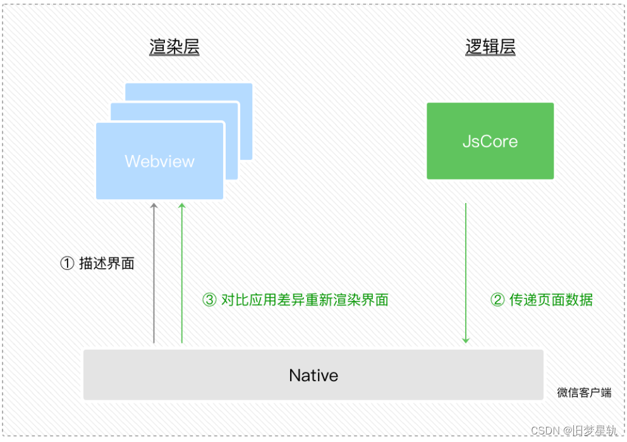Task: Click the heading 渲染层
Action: [x=174, y=47]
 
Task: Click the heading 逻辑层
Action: [x=490, y=47]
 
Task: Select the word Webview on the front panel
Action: [x=159, y=161]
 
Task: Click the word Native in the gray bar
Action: [x=313, y=376]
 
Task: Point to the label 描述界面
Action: [x=107, y=264]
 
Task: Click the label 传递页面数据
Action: [x=551, y=300]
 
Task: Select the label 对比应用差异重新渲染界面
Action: [x=305, y=300]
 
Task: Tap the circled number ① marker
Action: [x=67, y=264]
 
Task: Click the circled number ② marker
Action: [x=498, y=300]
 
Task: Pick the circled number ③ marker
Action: [x=209, y=300]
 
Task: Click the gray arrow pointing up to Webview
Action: [x=154, y=272]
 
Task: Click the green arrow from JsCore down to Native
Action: [x=466, y=272]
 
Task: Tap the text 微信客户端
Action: [x=584, y=393]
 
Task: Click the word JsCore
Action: [x=490, y=141]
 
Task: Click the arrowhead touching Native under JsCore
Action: [x=466, y=340]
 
